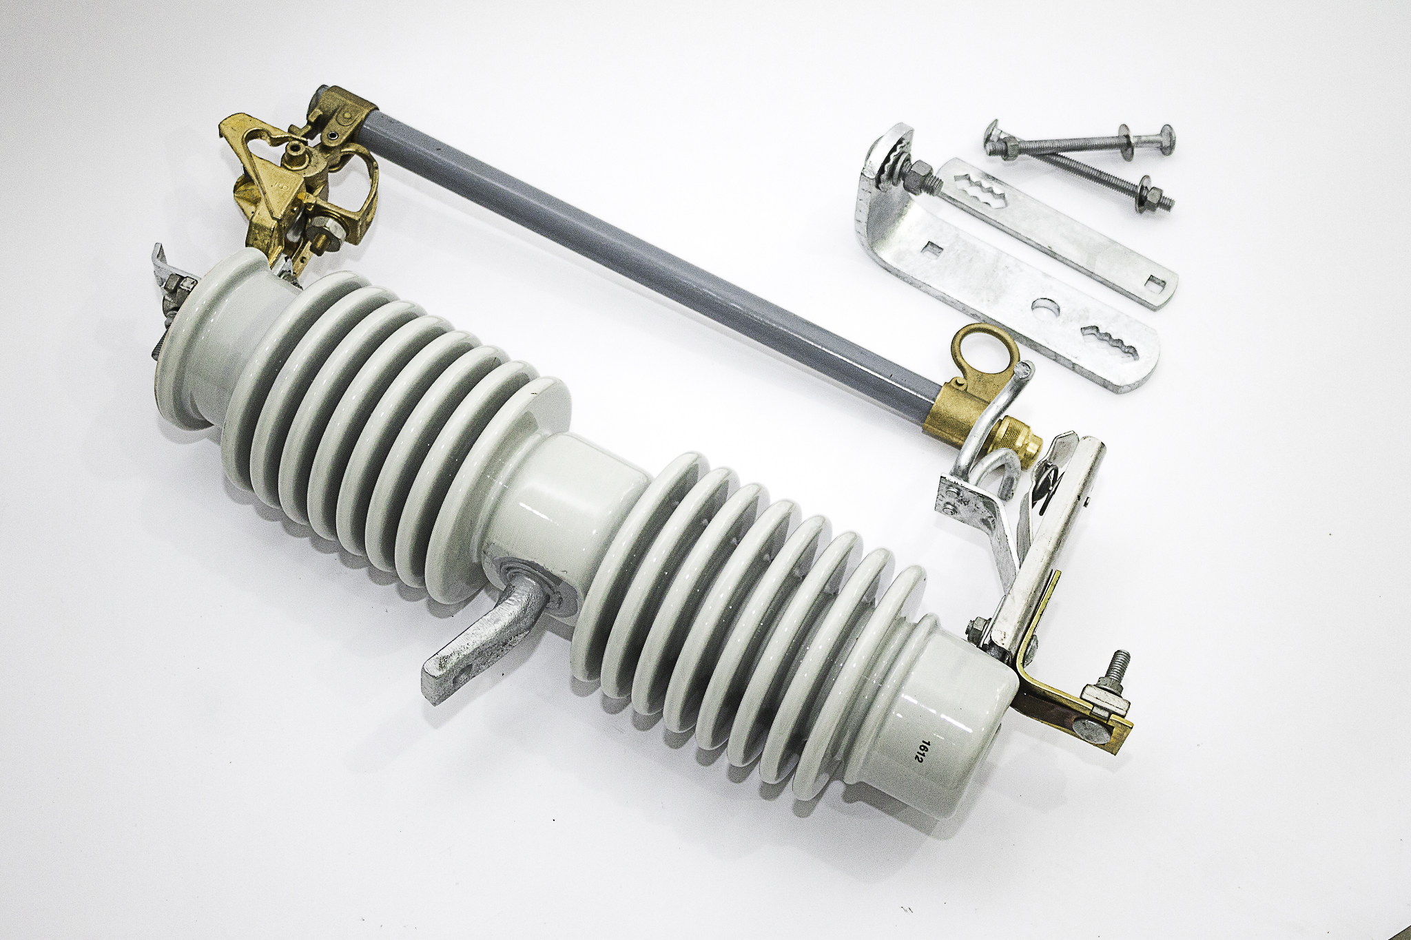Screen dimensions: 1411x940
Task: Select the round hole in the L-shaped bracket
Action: pos(1047,306)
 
